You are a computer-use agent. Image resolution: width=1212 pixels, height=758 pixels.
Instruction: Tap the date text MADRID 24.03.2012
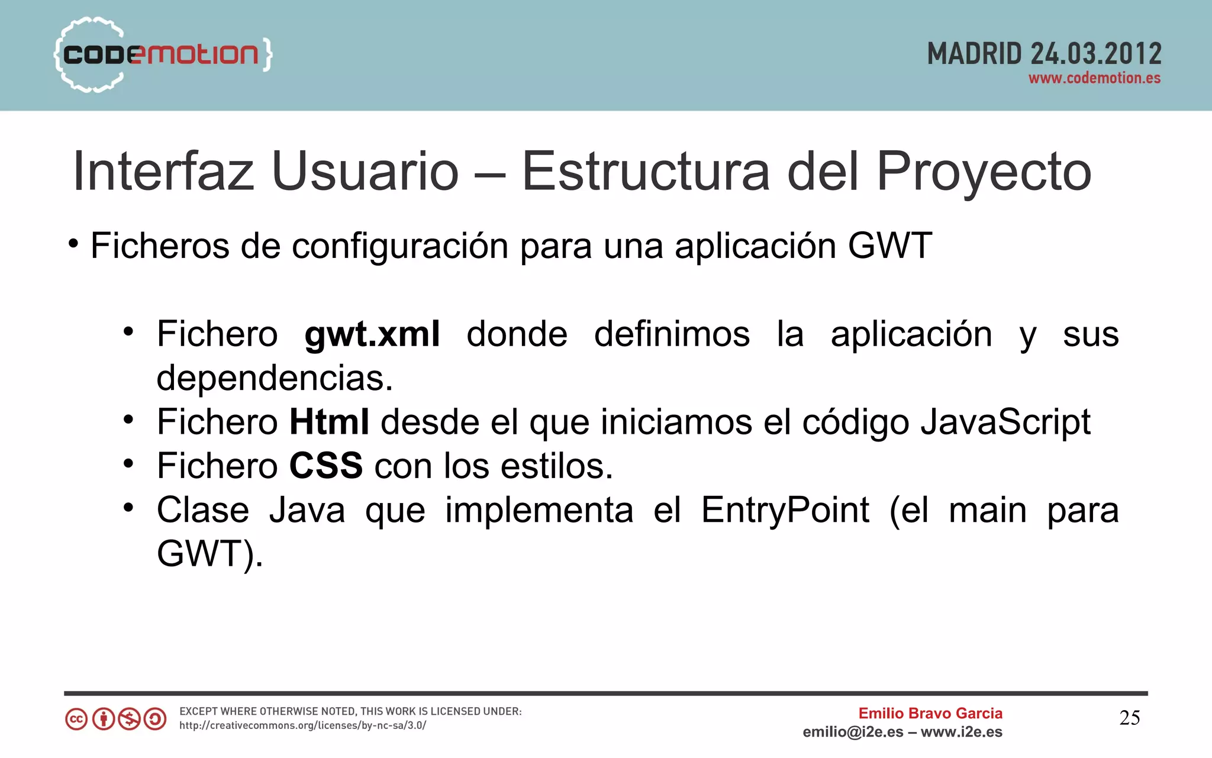coord(1044,54)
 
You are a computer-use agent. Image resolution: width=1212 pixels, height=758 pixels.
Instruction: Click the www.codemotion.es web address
coord(1094,78)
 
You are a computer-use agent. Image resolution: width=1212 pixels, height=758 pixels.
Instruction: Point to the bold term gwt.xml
coord(372,334)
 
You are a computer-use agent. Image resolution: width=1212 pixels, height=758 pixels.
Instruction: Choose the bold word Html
coord(329,422)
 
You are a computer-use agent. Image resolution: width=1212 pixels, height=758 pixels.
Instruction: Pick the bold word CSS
coord(325,466)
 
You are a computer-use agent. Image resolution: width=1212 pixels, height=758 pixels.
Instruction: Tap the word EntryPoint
coord(785,509)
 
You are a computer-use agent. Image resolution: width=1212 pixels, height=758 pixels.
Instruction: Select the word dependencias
coord(275,378)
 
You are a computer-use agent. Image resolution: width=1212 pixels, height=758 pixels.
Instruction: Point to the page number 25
coord(1129,718)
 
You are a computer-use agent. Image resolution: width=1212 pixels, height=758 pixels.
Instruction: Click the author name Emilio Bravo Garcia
coord(930,714)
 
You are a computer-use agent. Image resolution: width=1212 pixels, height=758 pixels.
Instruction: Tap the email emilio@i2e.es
coord(853,732)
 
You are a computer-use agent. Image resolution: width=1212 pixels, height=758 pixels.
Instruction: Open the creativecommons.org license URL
coord(302,725)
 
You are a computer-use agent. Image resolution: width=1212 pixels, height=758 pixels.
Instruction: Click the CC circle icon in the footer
coord(76,719)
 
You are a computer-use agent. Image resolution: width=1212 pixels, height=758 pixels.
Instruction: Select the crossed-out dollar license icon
coord(129,719)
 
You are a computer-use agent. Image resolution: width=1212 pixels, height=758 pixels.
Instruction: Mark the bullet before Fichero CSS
coord(128,463)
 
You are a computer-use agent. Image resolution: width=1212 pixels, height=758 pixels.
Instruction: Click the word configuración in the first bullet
coord(399,246)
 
